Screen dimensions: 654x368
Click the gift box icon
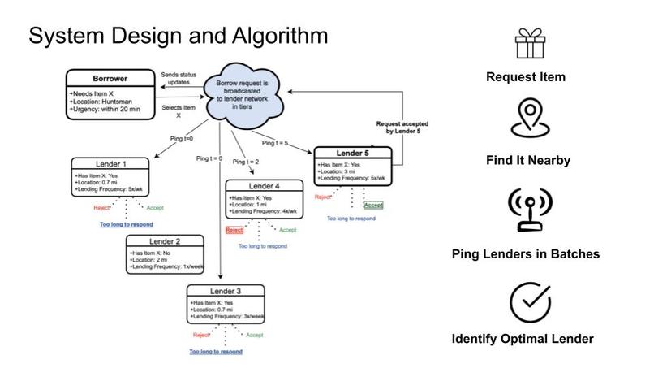pos(530,43)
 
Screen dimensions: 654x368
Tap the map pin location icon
pos(530,118)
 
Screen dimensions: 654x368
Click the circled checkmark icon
pos(530,302)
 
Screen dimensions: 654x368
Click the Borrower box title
pos(110,79)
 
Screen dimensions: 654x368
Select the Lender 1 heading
pos(110,164)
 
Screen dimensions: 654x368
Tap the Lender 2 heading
pos(165,241)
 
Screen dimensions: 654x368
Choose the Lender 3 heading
pos(226,291)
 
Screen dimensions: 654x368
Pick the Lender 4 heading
pos(264,186)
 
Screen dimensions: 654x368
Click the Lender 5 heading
pos(352,154)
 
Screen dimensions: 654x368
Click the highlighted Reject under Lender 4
pos(234,230)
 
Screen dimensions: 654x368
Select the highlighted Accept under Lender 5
pos(373,205)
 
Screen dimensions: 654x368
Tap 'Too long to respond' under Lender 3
pos(216,352)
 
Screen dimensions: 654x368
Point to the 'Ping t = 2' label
pos(246,162)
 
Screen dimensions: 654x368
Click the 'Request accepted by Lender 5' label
pos(402,128)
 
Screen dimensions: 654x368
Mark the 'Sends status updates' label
pos(179,79)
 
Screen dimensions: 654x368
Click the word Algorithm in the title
pos(280,36)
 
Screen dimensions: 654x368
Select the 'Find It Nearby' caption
pos(528,160)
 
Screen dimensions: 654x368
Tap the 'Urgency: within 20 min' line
pos(105,110)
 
